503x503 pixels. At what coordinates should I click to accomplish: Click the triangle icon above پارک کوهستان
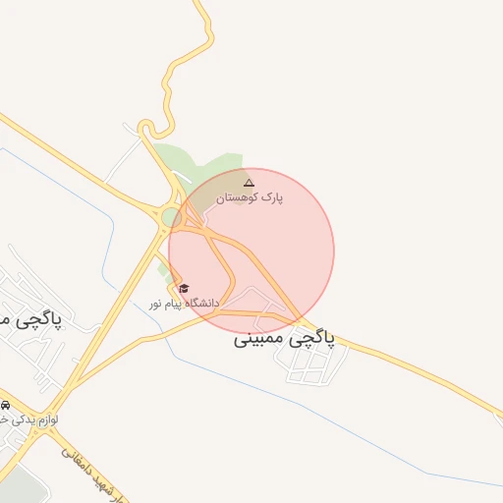coord(249,183)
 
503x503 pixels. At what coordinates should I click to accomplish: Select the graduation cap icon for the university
coord(184,288)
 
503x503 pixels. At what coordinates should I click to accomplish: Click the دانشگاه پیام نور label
coord(185,303)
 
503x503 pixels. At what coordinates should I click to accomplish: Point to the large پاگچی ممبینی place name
coord(285,339)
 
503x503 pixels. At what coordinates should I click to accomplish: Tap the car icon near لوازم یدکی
coord(6,405)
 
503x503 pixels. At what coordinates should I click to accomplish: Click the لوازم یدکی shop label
coord(28,419)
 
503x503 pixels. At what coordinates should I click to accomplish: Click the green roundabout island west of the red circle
coord(170,216)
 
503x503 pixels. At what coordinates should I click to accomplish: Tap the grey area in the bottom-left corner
coord(20,487)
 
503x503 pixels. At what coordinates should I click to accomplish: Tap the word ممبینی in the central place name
coord(261,340)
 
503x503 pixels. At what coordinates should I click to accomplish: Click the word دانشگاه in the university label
coord(201,303)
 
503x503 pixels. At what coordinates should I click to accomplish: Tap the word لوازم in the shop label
coord(46,419)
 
